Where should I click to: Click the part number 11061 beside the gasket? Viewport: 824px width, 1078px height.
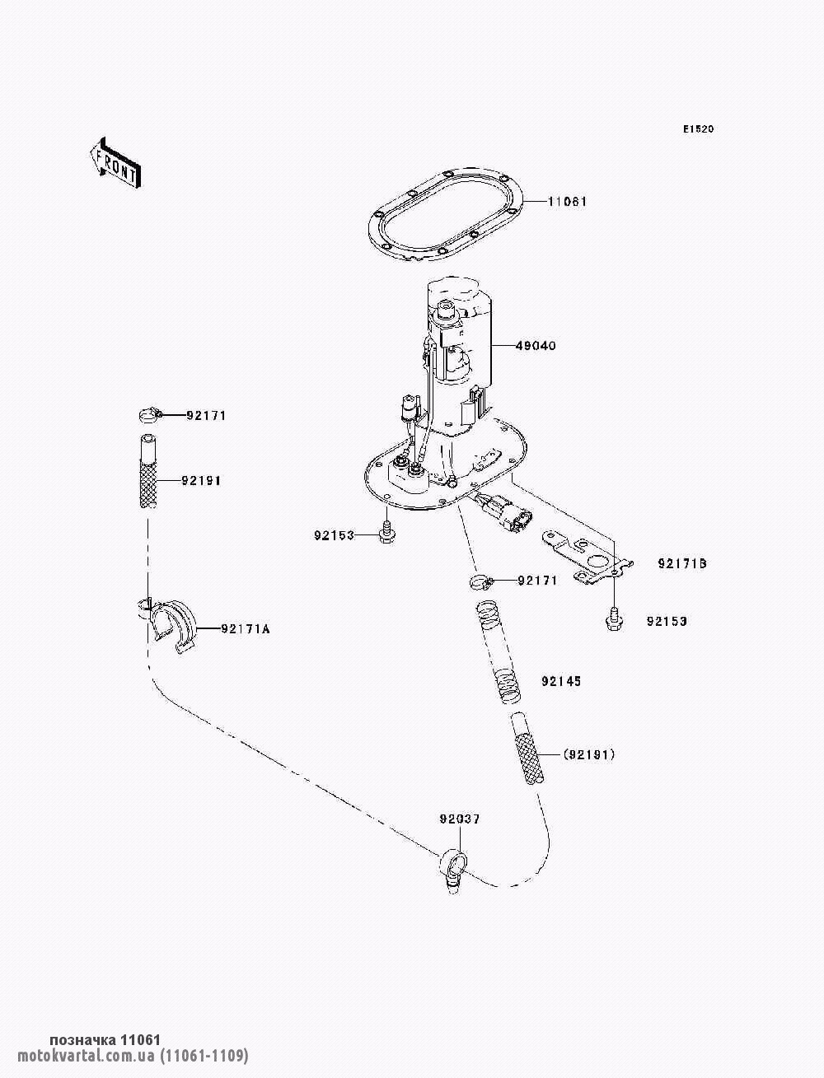point(567,202)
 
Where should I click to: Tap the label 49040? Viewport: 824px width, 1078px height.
point(536,346)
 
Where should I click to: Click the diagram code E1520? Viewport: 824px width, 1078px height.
point(697,129)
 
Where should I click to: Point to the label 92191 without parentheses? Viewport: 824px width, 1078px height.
point(203,480)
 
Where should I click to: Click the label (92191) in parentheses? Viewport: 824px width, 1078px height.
point(589,754)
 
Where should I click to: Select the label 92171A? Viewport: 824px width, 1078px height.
point(245,629)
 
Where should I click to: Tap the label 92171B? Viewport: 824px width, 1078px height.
point(682,564)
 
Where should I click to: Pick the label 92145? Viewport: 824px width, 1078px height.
point(561,682)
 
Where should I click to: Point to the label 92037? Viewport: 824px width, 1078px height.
point(459,819)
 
